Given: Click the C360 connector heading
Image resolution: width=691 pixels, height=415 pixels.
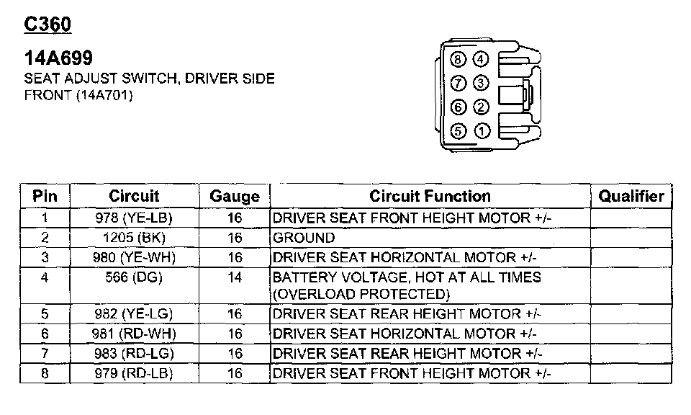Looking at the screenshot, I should tap(48, 24).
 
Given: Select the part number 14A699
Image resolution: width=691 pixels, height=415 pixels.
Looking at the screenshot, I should tap(58, 58).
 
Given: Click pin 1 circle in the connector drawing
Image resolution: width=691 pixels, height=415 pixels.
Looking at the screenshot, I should tap(482, 131).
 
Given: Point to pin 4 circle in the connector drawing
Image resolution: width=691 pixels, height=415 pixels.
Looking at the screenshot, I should tap(482, 60).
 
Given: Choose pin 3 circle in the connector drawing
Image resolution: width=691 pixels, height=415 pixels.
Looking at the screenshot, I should tap(482, 84).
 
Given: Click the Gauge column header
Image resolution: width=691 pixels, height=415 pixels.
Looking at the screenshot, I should tap(235, 197).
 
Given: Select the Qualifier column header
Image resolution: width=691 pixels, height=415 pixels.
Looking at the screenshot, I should tap(631, 196).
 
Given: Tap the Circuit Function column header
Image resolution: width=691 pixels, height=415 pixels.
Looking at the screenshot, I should tap(430, 196).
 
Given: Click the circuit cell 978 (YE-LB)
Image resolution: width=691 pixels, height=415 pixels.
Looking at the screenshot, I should tap(134, 218).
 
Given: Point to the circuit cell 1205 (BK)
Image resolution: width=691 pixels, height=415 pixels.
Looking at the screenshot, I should tap(134, 238).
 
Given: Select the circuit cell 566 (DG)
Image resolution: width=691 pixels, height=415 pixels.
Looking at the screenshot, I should tap(134, 277).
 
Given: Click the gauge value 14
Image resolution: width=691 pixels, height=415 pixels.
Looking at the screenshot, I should tap(235, 277).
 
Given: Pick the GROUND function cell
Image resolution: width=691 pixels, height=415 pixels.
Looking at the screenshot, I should tap(304, 238).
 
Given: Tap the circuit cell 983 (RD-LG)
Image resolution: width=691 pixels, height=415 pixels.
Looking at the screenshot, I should tap(134, 354).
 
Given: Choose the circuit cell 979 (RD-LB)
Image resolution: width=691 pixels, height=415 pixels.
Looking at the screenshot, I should tap(134, 373).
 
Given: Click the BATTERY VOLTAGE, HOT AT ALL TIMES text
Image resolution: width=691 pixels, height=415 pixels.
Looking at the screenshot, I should tap(407, 277).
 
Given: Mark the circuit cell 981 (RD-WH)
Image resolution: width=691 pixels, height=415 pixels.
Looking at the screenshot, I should tap(134, 334).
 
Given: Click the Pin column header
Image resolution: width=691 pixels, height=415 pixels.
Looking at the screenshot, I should tap(45, 196).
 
